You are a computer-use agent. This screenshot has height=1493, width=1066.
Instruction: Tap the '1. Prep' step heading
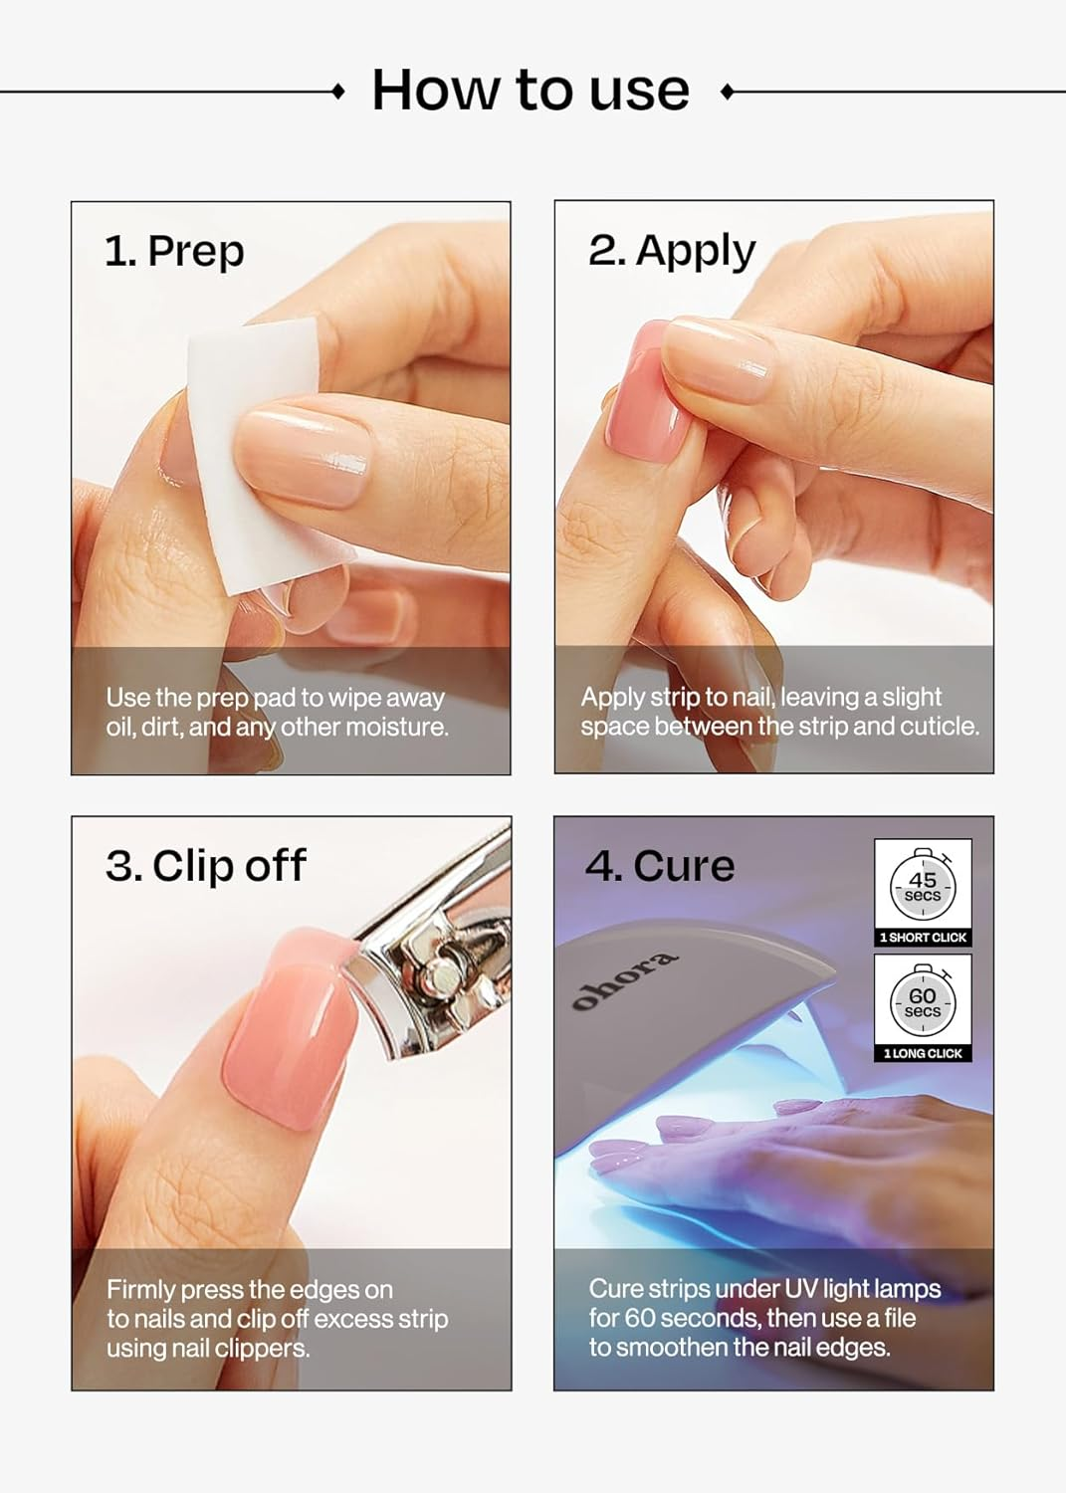coord(174,251)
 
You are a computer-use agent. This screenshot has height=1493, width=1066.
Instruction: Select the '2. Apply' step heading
coord(672,251)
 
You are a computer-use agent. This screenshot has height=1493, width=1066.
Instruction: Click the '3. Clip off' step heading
coord(206,866)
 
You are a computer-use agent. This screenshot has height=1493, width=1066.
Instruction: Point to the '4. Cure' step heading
coord(660,866)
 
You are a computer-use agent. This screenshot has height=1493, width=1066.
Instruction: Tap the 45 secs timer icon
coord(923,885)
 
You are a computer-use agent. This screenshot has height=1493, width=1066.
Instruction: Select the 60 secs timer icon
coord(923,1001)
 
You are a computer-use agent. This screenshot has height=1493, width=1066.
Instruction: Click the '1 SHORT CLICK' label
coord(923,938)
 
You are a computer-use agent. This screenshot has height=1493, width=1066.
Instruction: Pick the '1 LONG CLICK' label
coord(923,1053)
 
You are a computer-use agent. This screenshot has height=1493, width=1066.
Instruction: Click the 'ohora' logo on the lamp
coord(625,980)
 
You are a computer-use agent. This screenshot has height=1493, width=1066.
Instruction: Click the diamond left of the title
coord(338,92)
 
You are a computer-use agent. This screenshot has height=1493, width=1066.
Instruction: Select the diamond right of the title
coord(727,92)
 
